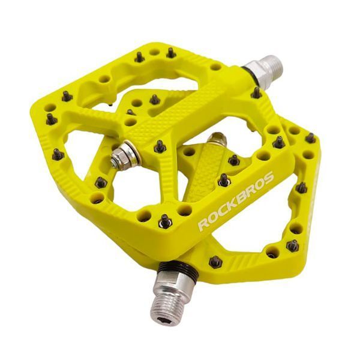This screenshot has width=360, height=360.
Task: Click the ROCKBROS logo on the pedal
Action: tap(236, 201)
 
